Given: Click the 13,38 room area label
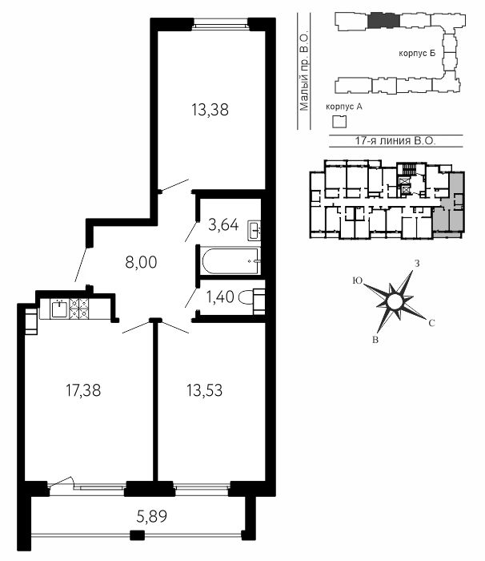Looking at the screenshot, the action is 210,110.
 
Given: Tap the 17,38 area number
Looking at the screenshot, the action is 83,390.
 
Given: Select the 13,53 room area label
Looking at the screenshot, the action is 204,390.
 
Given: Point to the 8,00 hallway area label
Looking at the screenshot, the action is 141,262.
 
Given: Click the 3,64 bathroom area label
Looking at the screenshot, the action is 223,225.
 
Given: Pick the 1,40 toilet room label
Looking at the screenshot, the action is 220,297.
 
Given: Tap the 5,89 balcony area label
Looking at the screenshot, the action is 152,516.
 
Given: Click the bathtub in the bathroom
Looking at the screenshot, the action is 230,260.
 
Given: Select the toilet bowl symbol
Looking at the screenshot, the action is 251,297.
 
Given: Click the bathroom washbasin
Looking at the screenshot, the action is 254,231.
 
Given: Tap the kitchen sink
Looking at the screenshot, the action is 58,309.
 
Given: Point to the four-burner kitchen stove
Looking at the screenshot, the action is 78,309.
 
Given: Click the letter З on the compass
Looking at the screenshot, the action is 416,264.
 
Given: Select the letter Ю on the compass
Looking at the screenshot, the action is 357,280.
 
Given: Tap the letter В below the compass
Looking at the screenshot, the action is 375,340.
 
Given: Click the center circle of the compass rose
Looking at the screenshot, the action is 395,301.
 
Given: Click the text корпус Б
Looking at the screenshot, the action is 417,54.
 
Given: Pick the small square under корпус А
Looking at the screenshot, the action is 339,122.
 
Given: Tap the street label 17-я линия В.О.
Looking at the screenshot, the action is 395,140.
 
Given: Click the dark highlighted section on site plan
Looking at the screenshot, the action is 384,20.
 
